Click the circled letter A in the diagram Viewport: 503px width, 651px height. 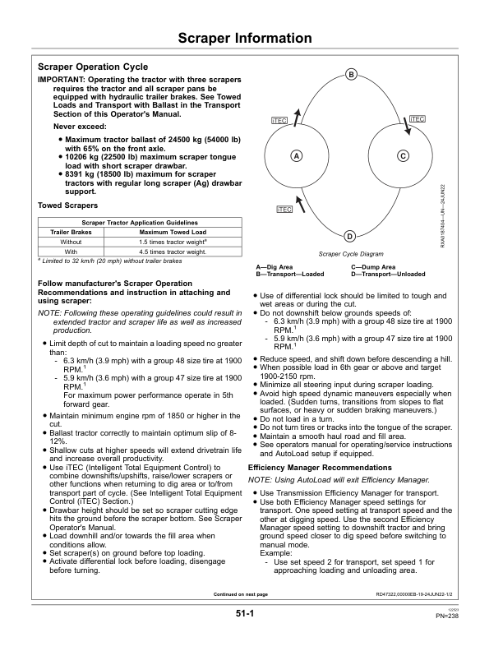tap(294, 156)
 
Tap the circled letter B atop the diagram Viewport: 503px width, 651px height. tap(351, 76)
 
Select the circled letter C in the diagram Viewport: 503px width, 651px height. tap(403, 156)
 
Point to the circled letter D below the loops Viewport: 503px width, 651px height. tap(349, 236)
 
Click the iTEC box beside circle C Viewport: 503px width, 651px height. tap(417, 119)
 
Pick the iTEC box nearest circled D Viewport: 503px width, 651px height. tap(284, 210)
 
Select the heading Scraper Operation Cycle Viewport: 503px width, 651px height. tap(93, 67)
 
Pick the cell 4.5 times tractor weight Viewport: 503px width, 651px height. tap(172, 252)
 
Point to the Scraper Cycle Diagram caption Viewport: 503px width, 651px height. tap(351, 255)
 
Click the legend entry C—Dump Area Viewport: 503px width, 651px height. tap(373, 267)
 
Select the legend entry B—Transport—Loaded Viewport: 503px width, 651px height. tap(291, 274)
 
